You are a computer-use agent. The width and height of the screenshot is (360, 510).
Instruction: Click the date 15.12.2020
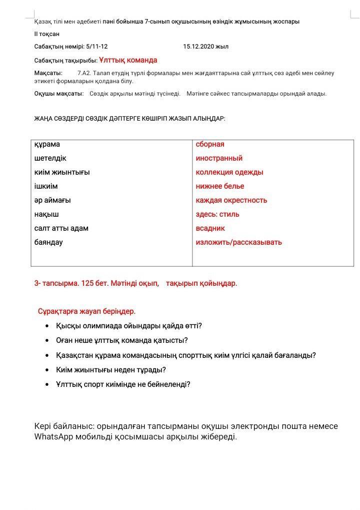click(198, 47)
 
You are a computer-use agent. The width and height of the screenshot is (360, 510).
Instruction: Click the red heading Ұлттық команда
click(128, 60)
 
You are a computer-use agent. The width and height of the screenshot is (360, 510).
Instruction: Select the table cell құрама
click(47, 144)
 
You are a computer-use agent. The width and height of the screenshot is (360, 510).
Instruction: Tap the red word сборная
click(210, 144)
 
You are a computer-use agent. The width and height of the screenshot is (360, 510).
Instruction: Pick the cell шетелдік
click(50, 158)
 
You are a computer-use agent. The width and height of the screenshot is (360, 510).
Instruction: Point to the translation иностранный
click(219, 158)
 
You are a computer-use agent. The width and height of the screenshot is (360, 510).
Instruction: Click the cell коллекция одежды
click(229, 172)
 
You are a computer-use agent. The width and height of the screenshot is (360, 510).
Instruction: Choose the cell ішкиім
click(46, 186)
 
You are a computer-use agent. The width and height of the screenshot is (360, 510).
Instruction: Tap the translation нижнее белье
click(220, 186)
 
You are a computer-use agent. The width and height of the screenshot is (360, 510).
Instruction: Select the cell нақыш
click(46, 214)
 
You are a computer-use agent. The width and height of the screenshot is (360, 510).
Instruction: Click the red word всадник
click(210, 228)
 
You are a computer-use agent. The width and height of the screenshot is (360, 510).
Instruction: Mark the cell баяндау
click(48, 242)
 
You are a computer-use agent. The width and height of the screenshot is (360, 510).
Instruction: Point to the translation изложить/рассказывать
click(239, 242)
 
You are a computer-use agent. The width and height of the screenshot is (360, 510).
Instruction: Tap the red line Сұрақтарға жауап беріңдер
click(86, 311)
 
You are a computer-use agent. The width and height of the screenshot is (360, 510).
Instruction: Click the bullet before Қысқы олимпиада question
click(47, 326)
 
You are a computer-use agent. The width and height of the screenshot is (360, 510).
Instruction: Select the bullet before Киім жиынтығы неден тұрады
click(47, 370)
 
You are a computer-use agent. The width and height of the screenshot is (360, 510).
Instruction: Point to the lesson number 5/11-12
click(97, 47)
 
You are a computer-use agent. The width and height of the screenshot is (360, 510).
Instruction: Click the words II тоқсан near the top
click(47, 34)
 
